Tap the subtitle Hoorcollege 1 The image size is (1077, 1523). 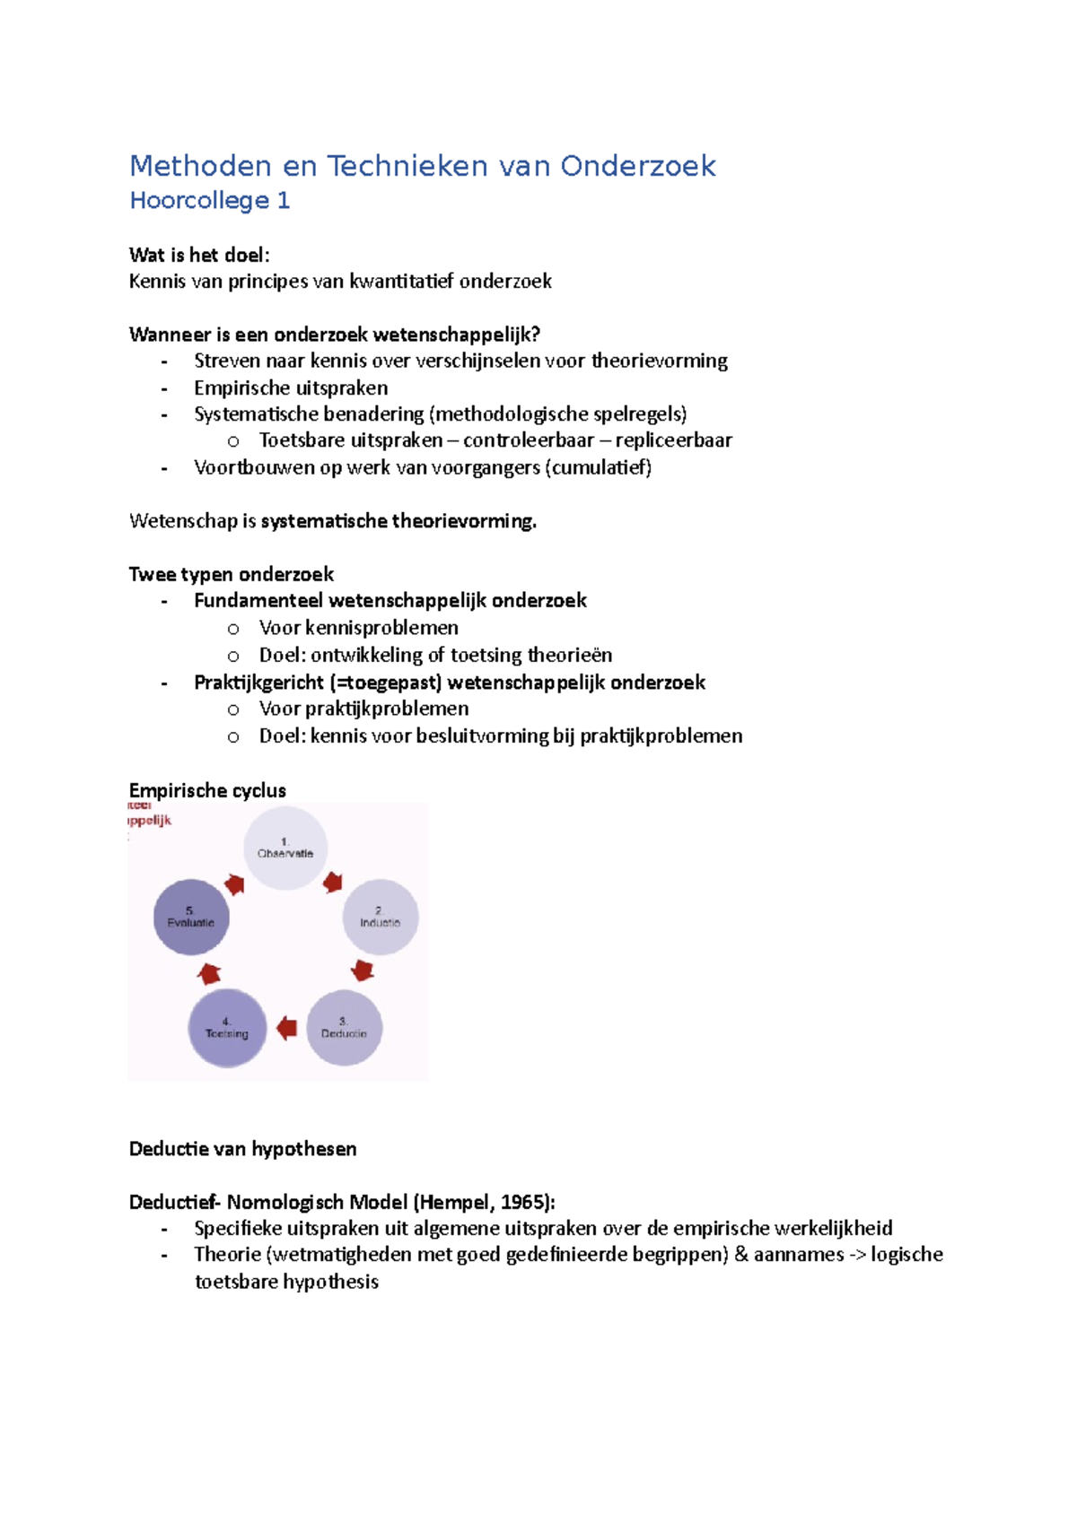pos(210,201)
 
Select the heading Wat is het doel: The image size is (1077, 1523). pos(199,255)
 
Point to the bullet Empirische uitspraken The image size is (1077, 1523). pos(291,387)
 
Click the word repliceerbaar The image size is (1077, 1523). pos(673,440)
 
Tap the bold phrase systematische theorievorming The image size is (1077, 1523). pos(398,521)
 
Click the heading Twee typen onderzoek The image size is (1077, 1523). pos(232,574)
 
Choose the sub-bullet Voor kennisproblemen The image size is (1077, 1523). pos(358,628)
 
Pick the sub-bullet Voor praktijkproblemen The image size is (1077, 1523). pos(363,709)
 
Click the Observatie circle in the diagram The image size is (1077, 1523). pos(285,848)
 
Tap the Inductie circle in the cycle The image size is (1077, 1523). pos(381,917)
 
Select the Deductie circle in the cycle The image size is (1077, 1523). pos(345,1028)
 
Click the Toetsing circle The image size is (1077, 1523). pos(227,1028)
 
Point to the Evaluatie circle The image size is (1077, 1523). pos(191,917)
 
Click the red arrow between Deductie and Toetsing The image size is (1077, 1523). pos(287,1028)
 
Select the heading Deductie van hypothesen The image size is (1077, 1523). pos(243,1149)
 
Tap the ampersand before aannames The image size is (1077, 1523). pos(741,1255)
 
